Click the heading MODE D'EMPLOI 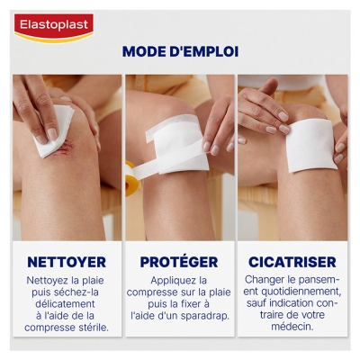[x=180, y=51]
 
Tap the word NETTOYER [x=67, y=262]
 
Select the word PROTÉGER [x=179, y=262]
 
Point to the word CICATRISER [x=291, y=262]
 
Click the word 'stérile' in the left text [x=91, y=328]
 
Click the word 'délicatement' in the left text [x=67, y=303]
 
